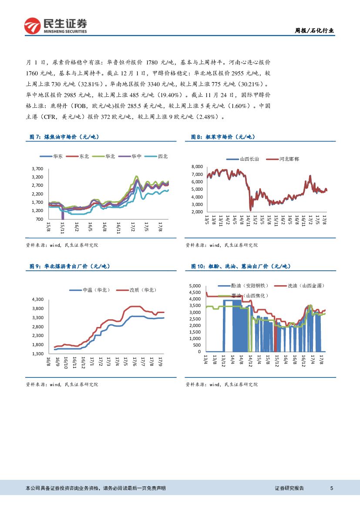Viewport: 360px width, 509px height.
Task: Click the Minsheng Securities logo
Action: click(55, 26)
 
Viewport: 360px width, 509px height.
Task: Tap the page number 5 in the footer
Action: click(332, 488)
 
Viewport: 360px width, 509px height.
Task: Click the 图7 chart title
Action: click(64, 137)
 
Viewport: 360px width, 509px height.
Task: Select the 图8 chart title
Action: click(223, 137)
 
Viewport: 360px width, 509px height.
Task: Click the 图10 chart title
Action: click(241, 266)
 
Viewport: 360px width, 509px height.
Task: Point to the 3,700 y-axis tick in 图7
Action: click(38, 169)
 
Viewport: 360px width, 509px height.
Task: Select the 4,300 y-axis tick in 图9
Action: click(38, 300)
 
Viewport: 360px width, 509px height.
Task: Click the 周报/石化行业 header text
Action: click(315, 30)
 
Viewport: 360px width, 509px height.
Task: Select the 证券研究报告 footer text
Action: click(289, 488)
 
